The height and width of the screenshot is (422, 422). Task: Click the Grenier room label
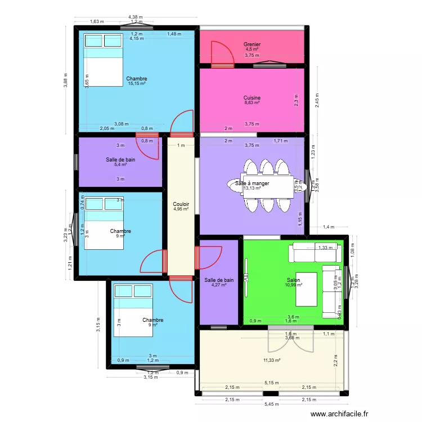[252, 44]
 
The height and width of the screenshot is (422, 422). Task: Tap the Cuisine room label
[252, 97]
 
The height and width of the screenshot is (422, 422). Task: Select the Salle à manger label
[252, 183]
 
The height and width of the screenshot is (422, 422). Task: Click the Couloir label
[181, 204]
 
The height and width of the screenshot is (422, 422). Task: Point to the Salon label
[293, 280]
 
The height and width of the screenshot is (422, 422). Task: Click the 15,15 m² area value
[136, 84]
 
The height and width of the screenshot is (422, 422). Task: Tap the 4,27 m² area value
[219, 285]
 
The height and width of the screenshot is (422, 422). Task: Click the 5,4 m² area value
[120, 164]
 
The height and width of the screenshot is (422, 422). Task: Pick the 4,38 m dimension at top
[135, 17]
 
